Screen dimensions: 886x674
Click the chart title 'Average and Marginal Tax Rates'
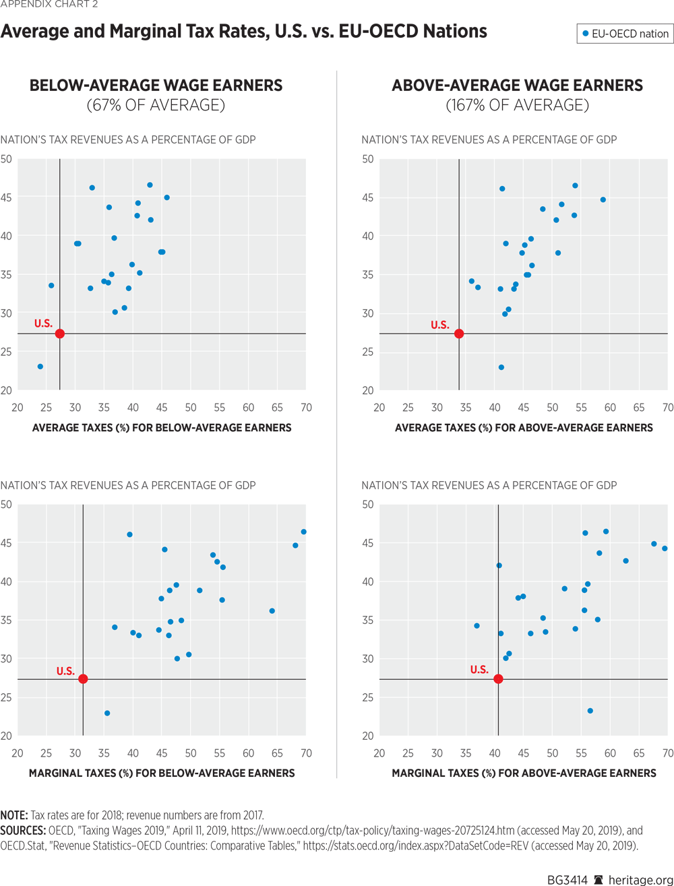point(243,32)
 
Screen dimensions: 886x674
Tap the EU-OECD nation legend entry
point(625,34)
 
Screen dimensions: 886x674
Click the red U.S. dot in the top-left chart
point(60,334)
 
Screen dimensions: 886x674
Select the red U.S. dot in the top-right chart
point(459,334)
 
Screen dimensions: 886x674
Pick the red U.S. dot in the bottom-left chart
point(83,679)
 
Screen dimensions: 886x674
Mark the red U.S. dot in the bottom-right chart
point(498,679)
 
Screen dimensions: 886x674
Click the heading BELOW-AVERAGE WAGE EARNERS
point(156,86)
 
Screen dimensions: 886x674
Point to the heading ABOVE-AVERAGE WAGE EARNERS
point(517,86)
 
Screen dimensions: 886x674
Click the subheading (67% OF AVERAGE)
point(156,105)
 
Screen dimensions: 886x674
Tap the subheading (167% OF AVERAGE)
point(517,105)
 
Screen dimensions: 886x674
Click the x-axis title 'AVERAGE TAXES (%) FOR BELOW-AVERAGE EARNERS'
point(162,427)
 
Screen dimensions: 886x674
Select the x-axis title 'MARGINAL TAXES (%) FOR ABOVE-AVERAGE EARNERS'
point(524,773)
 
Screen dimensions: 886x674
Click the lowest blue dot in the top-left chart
point(40,367)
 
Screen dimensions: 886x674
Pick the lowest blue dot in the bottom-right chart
point(590,711)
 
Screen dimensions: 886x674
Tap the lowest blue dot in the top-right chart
point(501,367)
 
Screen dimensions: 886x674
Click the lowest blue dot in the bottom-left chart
point(107,713)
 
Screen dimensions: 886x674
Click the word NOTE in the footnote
point(13,815)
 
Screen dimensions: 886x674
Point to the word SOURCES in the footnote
point(22,830)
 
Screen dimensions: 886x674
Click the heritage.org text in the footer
point(640,880)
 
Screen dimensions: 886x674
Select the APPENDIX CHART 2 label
point(49,5)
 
